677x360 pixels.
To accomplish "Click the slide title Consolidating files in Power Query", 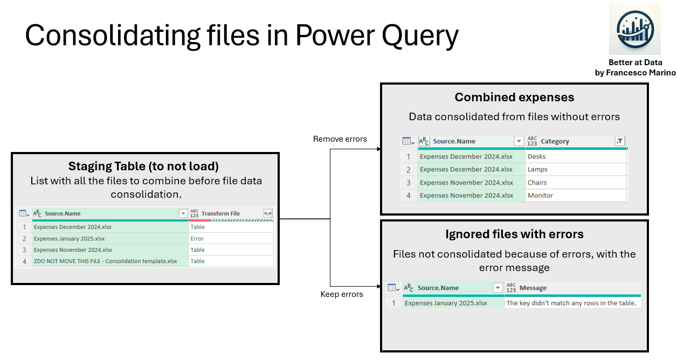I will [241, 36].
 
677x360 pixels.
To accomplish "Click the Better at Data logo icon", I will [634, 29].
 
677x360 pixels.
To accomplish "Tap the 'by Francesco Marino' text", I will [635, 73].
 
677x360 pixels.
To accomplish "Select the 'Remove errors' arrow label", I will [340, 139].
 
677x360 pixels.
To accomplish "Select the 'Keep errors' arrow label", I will [341, 294].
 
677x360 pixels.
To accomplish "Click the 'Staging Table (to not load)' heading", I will [143, 166].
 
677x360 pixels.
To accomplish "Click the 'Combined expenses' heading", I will [514, 97].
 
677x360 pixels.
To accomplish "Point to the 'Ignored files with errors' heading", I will [514, 234].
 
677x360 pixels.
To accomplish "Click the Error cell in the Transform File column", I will [197, 238].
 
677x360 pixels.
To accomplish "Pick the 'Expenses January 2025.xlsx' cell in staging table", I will [69, 238].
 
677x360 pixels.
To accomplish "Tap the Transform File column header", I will [220, 213].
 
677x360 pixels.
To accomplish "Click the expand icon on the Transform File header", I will [267, 213].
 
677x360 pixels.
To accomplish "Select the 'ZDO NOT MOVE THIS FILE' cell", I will [105, 261].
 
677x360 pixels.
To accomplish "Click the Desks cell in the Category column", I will [536, 156].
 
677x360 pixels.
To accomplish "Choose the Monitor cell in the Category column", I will [540, 195].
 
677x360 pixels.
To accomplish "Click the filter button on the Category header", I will [620, 141].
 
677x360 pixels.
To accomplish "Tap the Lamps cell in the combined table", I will [537, 169].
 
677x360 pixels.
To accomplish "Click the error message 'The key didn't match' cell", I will [571, 303].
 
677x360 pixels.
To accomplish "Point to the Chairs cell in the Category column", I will [537, 182].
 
